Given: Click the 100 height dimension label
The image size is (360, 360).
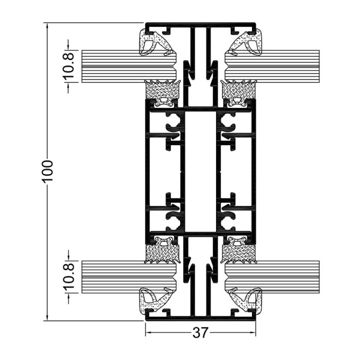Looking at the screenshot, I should (48, 171).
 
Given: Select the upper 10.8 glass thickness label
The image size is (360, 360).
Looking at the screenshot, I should (69, 66).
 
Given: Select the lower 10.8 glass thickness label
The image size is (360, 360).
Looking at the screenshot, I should (69, 277).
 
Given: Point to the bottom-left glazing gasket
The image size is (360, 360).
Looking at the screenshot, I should (154, 301).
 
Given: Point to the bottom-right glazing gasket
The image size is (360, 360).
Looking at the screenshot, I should (246, 301).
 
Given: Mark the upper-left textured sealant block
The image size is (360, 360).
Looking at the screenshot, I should (162, 88).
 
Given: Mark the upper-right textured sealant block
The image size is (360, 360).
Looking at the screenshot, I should (239, 88).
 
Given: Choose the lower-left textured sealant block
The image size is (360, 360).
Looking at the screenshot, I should (162, 253).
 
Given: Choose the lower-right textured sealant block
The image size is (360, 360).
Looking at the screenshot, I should (239, 253).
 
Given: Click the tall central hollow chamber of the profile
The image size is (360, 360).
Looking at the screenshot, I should (200, 171).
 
